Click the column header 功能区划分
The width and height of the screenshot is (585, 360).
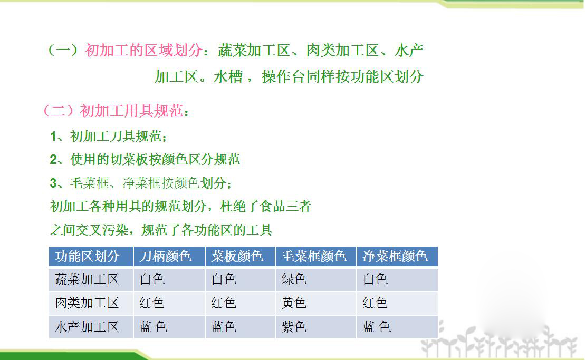[x=88, y=256]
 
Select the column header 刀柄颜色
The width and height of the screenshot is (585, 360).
[x=165, y=256]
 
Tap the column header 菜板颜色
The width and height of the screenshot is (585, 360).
[x=237, y=256]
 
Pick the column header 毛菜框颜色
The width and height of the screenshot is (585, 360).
[x=314, y=256]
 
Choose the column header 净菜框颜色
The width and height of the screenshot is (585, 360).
[x=395, y=256]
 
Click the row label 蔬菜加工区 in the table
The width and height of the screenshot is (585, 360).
[x=87, y=279]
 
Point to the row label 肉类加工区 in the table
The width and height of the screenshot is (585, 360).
[x=87, y=303]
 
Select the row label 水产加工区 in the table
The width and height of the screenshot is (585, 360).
[x=87, y=327]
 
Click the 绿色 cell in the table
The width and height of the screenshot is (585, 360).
[x=294, y=279]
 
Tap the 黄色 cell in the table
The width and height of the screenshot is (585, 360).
[x=294, y=303]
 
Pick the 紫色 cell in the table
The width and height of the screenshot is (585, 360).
[x=294, y=327]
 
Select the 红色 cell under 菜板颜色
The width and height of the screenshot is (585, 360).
[x=224, y=303]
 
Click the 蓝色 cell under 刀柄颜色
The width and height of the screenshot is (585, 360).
[x=153, y=327]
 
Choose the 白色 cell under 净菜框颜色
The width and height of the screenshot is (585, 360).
[x=375, y=279]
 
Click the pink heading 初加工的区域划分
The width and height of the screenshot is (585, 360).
[x=143, y=50]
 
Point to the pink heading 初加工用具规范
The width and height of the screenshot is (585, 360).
[x=131, y=111]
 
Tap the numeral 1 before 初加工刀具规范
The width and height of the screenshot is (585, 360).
[x=53, y=137]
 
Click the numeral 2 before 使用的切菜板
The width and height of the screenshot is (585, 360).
[x=53, y=160]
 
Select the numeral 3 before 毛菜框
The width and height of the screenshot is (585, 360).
[x=53, y=183]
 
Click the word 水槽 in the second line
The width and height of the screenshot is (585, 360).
[x=228, y=77]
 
